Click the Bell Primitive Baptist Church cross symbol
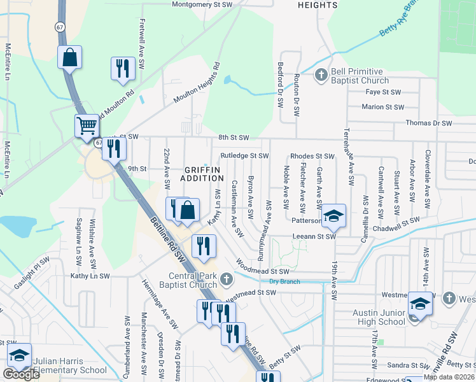click(x=321, y=74)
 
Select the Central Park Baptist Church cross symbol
click(x=224, y=278)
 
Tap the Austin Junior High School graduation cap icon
click(x=420, y=304)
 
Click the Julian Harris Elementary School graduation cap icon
click(x=19, y=355)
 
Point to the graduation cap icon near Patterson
click(x=333, y=215)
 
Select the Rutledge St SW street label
click(x=244, y=155)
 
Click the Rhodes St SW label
click(x=312, y=156)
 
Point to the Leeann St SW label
click(x=313, y=236)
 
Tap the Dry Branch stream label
click(x=284, y=281)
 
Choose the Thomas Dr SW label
click(x=428, y=123)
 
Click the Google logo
click(x=21, y=374)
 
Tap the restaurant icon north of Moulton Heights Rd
click(x=123, y=69)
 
